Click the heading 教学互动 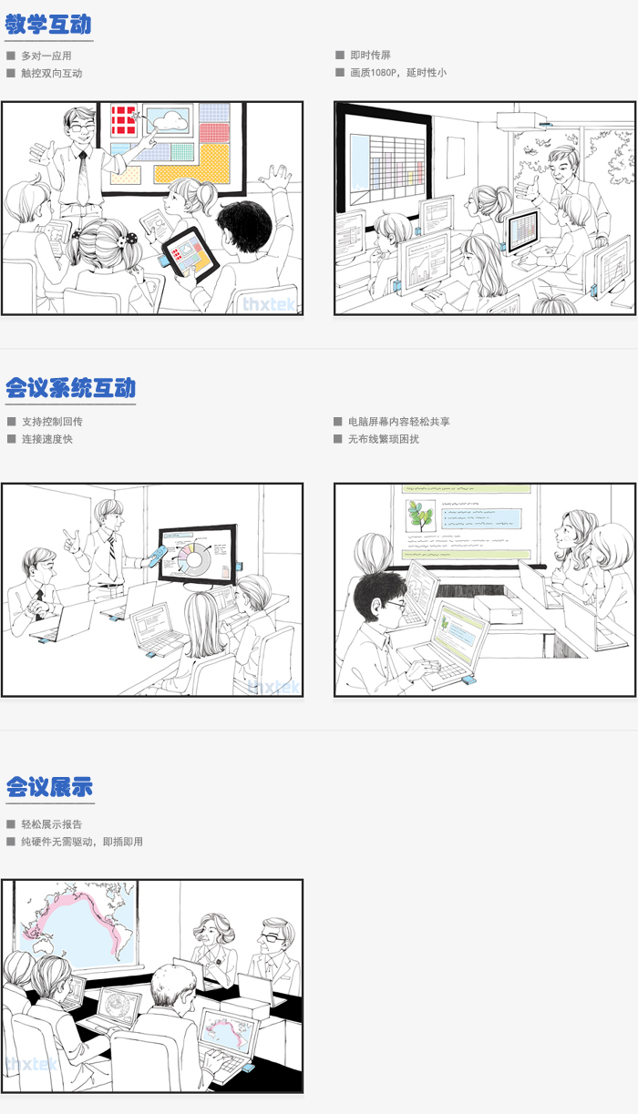tap(48, 25)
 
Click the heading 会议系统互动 tap(71, 388)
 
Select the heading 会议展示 tap(50, 787)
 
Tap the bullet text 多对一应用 tap(46, 56)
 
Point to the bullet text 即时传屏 tap(370, 55)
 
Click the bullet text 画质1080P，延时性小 tap(398, 73)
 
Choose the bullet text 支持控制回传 tap(52, 422)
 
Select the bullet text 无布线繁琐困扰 tap(383, 439)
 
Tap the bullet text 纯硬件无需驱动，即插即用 tap(82, 842)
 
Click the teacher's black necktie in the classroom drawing tap(83, 177)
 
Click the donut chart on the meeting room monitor tap(195, 559)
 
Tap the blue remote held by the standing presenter tap(158, 556)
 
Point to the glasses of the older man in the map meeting tap(269, 938)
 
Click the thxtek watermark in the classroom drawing tap(269, 304)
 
